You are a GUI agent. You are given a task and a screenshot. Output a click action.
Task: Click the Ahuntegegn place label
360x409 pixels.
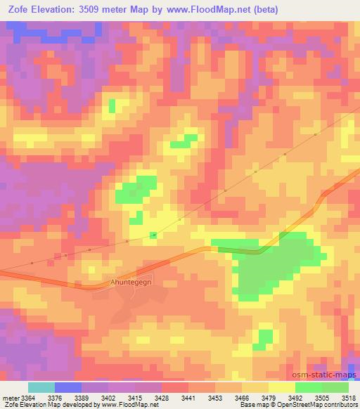coord(131,283)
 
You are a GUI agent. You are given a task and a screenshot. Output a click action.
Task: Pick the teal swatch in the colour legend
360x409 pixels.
coord(41,387)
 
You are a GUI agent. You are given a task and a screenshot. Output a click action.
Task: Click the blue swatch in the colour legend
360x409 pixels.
coord(68,387)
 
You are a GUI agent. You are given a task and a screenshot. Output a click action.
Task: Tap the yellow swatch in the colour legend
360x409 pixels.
coord(282,387)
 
